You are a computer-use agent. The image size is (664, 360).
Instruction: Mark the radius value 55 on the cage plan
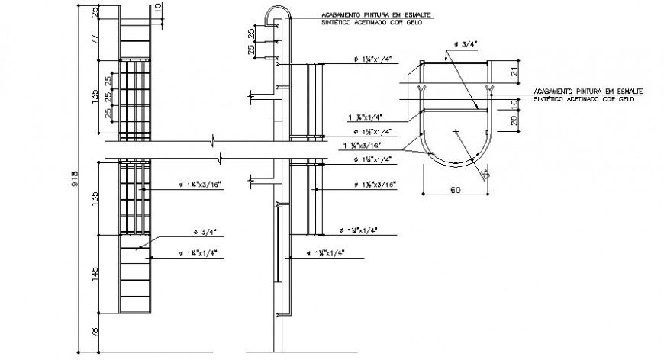485,173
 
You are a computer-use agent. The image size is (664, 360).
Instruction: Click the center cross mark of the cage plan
456,132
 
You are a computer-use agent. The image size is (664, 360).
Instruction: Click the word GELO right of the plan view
625,99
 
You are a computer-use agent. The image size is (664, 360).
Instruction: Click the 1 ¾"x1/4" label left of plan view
365,117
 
